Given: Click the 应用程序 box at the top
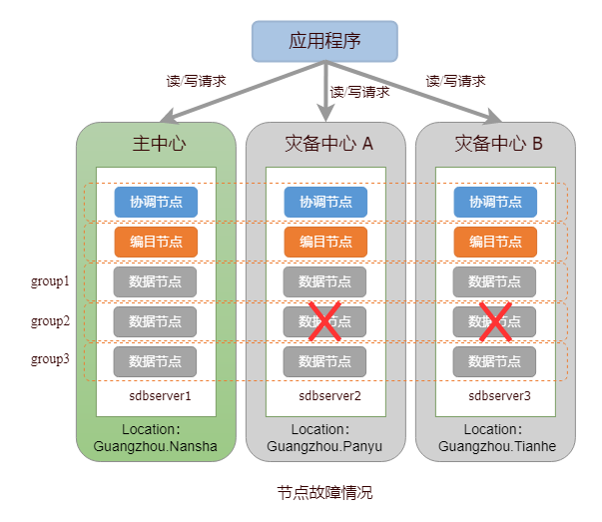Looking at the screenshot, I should coord(324,41).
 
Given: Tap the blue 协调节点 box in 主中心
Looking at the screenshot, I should coord(156,202).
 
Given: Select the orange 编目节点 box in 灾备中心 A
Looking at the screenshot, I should coord(325,242).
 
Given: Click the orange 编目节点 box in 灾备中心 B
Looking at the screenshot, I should coord(496,242).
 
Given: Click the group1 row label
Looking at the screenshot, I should coord(50,281).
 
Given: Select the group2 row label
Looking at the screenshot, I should coord(50,321).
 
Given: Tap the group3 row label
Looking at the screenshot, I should coord(50,359).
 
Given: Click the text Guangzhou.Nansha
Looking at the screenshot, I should coord(155,446).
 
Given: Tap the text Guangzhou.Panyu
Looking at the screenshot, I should coord(325,446).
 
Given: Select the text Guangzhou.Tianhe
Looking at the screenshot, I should coord(496,446).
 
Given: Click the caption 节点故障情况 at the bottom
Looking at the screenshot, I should coord(324,493).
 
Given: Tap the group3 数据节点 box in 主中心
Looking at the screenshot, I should coord(156,360).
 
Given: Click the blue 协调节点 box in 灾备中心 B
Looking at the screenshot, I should coord(496,202).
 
